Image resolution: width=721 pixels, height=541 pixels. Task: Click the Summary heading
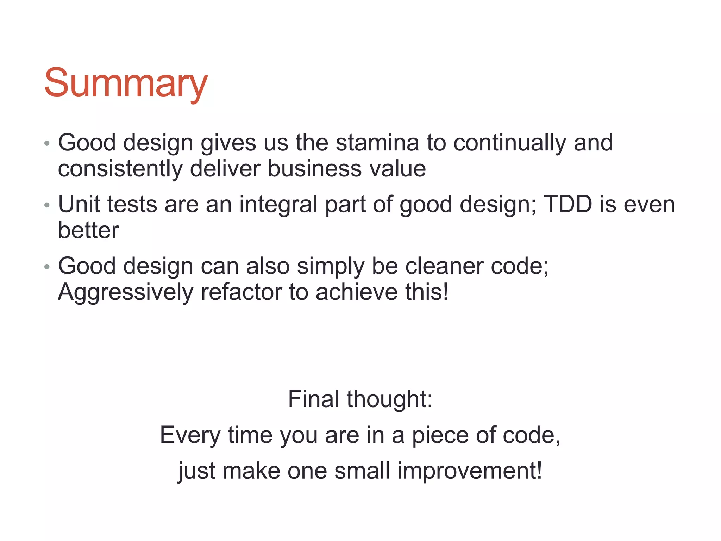point(126,83)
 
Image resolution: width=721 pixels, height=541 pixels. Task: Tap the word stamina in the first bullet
point(377,143)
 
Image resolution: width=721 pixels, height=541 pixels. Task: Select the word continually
point(509,143)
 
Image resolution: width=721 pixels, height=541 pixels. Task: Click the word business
point(314,169)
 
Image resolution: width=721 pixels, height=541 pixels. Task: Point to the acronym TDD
point(568,204)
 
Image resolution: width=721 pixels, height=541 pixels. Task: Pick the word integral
point(278,204)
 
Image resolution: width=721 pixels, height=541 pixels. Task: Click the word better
point(88,230)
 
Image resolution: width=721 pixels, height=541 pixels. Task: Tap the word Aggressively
point(126,292)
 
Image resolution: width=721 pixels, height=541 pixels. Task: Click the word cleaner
point(444,266)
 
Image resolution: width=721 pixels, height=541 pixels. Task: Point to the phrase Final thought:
point(360,399)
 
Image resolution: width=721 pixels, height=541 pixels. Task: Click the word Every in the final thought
point(190,435)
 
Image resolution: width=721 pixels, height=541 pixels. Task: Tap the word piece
point(440,435)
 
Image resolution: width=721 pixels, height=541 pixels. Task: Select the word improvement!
point(470,471)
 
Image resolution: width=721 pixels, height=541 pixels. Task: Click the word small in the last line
point(362,471)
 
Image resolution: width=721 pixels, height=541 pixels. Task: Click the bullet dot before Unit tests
point(47,205)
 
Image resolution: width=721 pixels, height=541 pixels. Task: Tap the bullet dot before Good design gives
point(47,144)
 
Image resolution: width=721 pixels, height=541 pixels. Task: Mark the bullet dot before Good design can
point(47,267)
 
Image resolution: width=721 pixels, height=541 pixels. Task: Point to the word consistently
point(120,169)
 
